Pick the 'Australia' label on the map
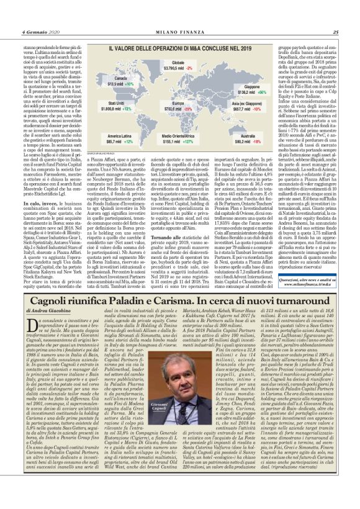pos(238,135)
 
